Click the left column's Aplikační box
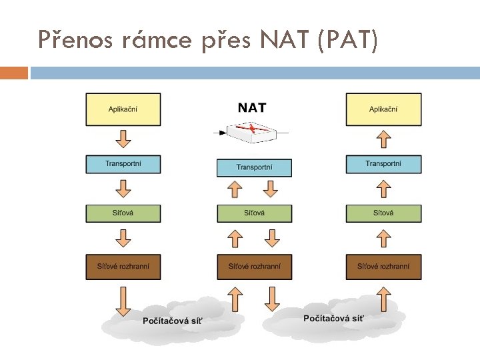click(x=123, y=109)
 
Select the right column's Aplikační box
click(x=383, y=109)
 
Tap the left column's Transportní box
click(x=123, y=164)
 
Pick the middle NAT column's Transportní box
click(x=254, y=167)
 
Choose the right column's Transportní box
click(x=383, y=164)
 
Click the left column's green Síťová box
click(x=123, y=213)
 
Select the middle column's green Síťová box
click(x=254, y=213)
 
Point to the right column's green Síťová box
click(x=383, y=213)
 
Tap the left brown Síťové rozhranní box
click(x=123, y=267)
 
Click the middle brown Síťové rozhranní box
click(x=254, y=267)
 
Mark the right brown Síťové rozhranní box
click(x=383, y=267)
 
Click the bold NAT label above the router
click(x=252, y=107)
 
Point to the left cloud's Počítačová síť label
click(x=173, y=321)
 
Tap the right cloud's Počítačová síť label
click(x=333, y=319)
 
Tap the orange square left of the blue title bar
click(x=14, y=73)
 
